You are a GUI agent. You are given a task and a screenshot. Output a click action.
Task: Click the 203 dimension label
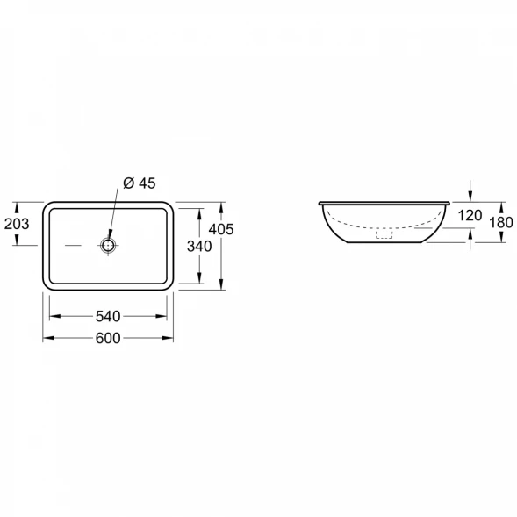point(17,224)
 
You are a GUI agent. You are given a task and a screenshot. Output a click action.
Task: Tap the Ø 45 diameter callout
point(140,183)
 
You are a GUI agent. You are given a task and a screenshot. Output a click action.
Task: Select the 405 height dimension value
point(221,229)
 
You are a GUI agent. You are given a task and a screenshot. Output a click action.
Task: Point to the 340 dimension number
point(199,247)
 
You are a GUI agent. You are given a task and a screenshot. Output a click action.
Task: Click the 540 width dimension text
point(108,317)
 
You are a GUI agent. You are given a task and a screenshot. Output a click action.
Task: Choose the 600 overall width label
point(108,338)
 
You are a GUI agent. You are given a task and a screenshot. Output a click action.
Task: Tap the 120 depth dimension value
point(470,216)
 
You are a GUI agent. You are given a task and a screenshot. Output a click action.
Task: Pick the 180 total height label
point(501,223)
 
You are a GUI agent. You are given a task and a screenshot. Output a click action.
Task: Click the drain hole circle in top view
point(108,245)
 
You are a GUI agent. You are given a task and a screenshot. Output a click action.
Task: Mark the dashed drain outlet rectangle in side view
point(384,234)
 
